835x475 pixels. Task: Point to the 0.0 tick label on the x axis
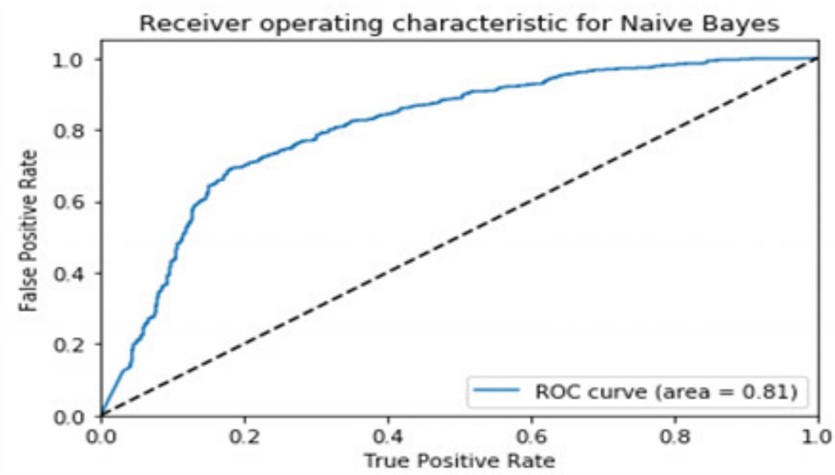101,437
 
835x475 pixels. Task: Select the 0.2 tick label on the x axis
244,437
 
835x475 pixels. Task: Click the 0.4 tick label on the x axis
388,437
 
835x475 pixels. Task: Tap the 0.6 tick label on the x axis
531,437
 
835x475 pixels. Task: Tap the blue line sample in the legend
498,391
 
